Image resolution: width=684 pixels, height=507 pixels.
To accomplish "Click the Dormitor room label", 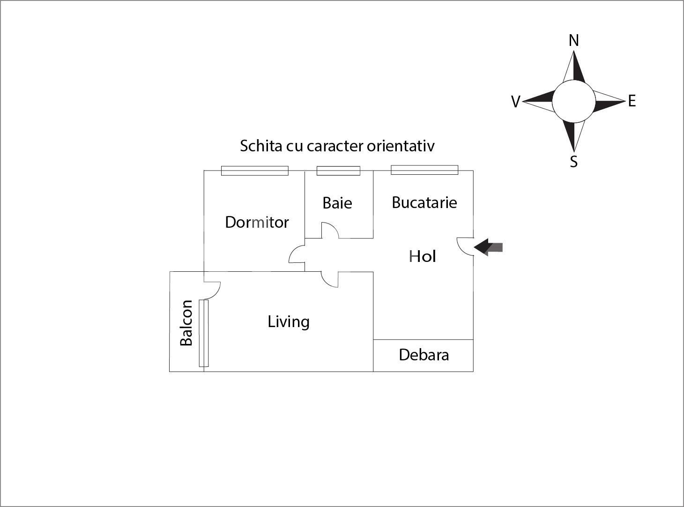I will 257,222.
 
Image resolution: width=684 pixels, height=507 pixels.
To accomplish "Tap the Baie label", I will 337,203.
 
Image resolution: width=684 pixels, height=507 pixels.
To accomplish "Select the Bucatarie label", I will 424,202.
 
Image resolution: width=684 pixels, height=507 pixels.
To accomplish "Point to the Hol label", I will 423,256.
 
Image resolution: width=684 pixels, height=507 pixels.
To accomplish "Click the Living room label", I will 289,321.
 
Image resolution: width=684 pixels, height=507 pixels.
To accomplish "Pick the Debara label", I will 424,355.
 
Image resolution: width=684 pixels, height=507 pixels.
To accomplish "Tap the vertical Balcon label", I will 186,323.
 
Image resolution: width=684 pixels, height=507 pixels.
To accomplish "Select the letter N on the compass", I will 573,41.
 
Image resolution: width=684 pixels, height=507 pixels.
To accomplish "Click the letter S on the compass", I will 573,162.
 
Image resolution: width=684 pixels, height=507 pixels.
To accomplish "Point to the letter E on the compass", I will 632,101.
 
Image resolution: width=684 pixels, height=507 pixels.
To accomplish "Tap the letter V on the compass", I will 515,102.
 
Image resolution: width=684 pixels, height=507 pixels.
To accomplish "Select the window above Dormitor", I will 254,171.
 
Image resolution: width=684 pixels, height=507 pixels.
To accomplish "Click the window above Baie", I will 338,171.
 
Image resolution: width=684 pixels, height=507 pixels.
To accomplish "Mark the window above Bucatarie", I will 424,170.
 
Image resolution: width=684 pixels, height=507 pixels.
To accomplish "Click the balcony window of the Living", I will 203,333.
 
